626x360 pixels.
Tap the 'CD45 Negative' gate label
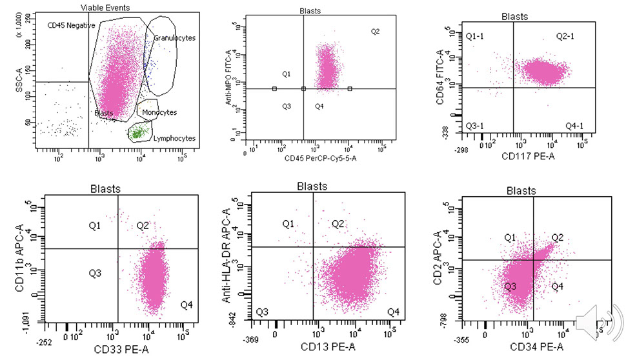(72, 25)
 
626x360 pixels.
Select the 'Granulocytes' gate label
(174, 38)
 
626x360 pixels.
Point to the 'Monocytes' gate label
(159, 112)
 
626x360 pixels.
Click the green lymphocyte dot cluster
(137, 133)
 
